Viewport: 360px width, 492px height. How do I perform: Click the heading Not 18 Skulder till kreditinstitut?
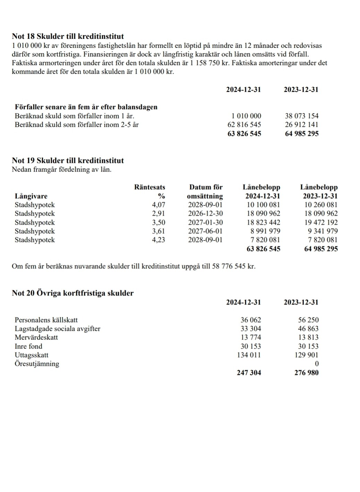point(68,36)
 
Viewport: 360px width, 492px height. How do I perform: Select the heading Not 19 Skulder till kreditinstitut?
point(68,161)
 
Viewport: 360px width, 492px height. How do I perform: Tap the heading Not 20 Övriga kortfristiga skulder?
point(72,293)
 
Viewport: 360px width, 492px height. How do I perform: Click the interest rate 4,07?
point(158,205)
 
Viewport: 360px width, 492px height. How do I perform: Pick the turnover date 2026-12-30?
point(205,214)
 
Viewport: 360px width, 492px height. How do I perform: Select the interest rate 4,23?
point(158,240)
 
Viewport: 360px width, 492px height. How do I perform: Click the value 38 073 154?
point(301,116)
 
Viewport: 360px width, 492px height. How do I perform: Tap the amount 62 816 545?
point(244,125)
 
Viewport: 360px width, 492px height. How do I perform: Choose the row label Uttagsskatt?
point(32,355)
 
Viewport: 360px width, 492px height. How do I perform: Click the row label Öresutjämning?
point(37,364)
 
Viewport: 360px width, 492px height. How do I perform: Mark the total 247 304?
point(249,373)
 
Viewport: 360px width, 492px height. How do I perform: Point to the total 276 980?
point(306,373)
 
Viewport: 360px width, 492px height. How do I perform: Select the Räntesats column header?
point(150,188)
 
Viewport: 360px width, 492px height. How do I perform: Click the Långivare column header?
point(31,196)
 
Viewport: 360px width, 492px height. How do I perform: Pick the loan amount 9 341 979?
point(320,231)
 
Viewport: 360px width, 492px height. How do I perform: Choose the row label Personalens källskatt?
point(46,320)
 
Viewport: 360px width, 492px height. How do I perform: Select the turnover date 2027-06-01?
point(205,231)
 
